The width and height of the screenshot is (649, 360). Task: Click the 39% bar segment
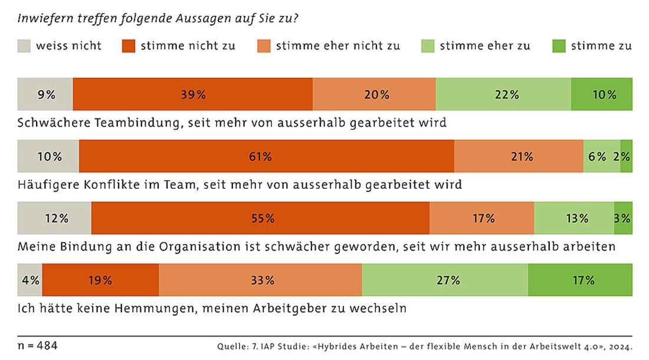pyautogui.click(x=192, y=94)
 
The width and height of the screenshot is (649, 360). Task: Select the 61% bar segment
pyautogui.click(x=266, y=156)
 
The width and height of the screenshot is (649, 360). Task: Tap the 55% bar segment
pyautogui.click(x=260, y=218)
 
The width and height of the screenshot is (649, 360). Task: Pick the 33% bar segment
pyautogui.click(x=260, y=280)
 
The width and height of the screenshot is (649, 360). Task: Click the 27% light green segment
pyautogui.click(x=445, y=280)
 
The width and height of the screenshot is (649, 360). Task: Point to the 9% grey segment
pyautogui.click(x=45, y=94)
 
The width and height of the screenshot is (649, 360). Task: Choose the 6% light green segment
pyautogui.click(x=601, y=156)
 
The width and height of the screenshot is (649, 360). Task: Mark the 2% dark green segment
pyautogui.click(x=626, y=156)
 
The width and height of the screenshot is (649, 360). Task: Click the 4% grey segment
pyautogui.click(x=30, y=280)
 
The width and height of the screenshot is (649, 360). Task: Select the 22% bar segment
pyautogui.click(x=503, y=94)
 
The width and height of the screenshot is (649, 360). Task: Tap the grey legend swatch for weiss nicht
pyautogui.click(x=24, y=46)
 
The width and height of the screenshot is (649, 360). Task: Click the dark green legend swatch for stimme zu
pyautogui.click(x=559, y=46)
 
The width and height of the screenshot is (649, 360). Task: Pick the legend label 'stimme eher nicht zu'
pyautogui.click(x=338, y=46)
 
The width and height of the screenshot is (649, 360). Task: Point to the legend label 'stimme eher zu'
pyautogui.click(x=485, y=46)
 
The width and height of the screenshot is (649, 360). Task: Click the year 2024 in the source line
pyautogui.click(x=619, y=346)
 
